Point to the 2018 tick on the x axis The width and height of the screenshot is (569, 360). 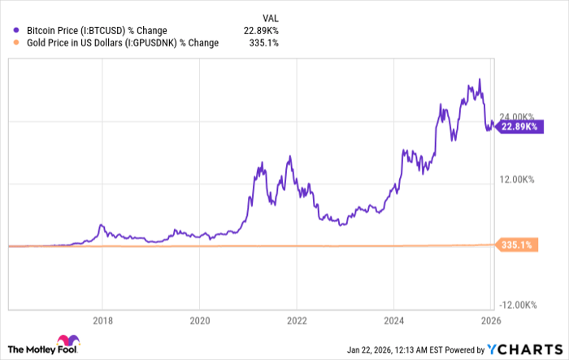click(x=102, y=320)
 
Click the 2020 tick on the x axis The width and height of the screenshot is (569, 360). click(x=200, y=320)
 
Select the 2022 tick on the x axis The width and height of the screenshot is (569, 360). click(x=297, y=320)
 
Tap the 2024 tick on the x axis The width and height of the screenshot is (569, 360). click(x=393, y=320)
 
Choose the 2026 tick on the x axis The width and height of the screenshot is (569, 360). click(x=490, y=320)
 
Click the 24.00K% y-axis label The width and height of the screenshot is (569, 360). click(x=518, y=115)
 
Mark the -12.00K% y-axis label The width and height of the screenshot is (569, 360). click(x=517, y=305)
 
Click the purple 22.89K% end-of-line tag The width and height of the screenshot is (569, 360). click(x=519, y=127)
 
